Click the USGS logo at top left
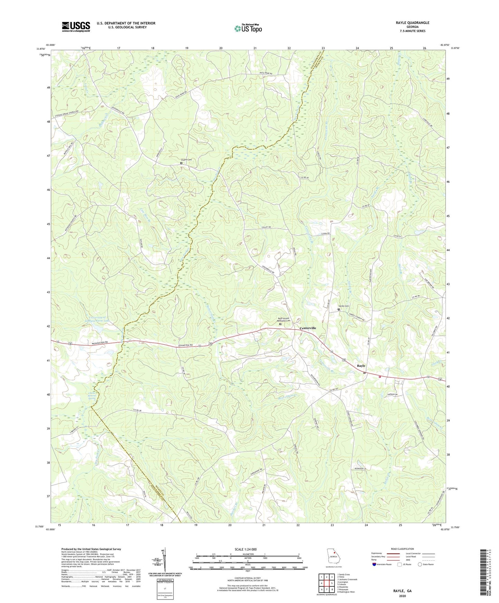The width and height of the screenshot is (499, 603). pos(76,27)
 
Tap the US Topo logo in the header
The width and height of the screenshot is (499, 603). pos(248,28)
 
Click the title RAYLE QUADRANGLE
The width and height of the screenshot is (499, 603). pos(412,23)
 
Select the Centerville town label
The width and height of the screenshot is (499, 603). pos(308,328)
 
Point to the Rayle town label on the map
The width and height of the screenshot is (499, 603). pos(361,365)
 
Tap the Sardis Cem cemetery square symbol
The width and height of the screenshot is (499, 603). pos(338,309)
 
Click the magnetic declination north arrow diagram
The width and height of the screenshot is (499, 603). pos(165,561)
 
